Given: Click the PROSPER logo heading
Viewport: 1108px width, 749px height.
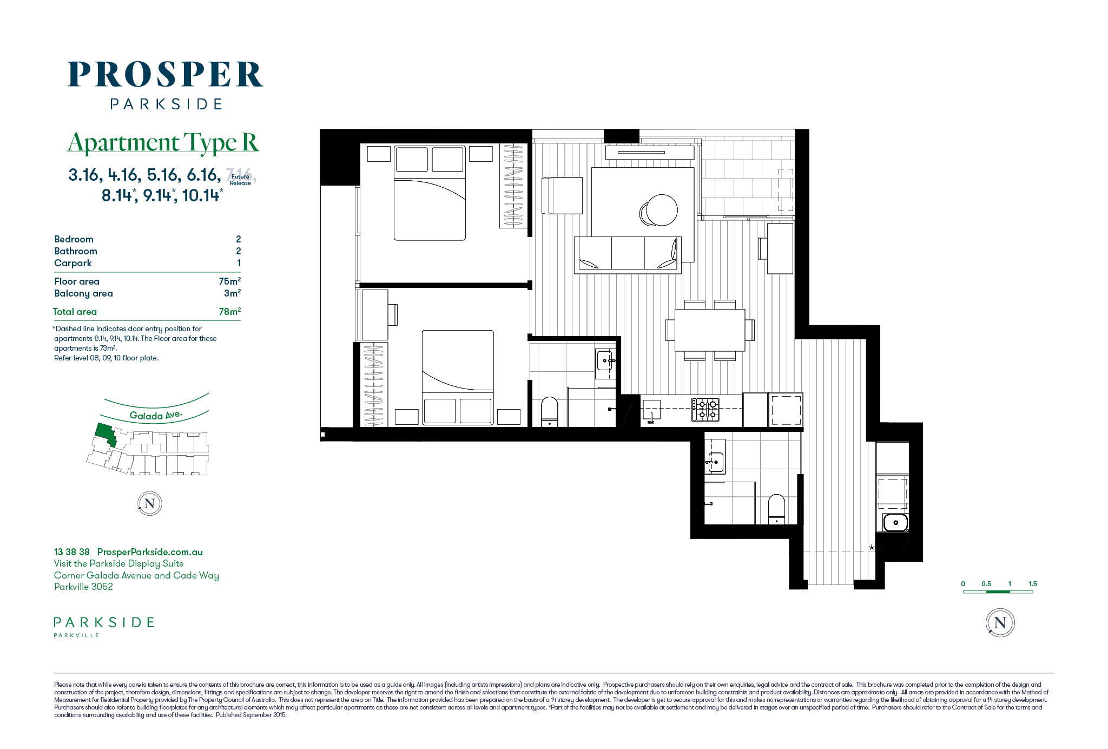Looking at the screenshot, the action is [165, 75].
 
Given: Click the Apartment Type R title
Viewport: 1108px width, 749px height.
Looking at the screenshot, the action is [163, 142].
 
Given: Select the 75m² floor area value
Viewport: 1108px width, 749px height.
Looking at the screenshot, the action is [230, 281].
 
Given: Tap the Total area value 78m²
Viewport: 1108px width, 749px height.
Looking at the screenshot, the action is [230, 311].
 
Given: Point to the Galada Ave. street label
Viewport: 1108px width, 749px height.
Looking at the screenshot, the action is [156, 415].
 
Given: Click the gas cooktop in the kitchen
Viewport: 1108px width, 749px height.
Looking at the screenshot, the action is [705, 410].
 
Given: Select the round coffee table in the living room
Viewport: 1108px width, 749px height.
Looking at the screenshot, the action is [661, 210].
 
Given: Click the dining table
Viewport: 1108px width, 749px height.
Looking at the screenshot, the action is [710, 330].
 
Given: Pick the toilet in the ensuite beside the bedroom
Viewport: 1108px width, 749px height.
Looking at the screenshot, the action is [550, 412].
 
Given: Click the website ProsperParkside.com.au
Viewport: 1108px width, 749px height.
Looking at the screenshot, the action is [150, 552].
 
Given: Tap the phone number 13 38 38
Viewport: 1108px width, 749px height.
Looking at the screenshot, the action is [72, 552].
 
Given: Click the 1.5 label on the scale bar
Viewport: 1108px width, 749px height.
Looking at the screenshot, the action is [1033, 583].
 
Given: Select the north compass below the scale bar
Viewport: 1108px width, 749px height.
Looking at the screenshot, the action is [1000, 622].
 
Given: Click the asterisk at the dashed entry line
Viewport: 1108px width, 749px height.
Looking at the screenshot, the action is [872, 548].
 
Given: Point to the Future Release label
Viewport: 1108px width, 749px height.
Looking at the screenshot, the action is [240, 180].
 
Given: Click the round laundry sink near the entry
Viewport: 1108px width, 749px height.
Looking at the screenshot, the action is [895, 523].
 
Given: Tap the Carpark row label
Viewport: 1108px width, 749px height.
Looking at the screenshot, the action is [73, 263].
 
